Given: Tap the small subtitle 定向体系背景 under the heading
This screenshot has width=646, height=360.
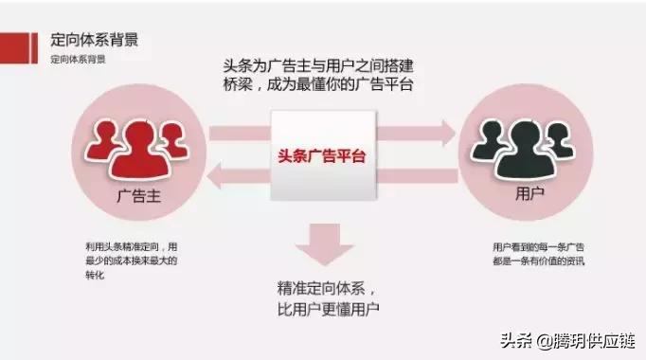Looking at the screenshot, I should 78,60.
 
